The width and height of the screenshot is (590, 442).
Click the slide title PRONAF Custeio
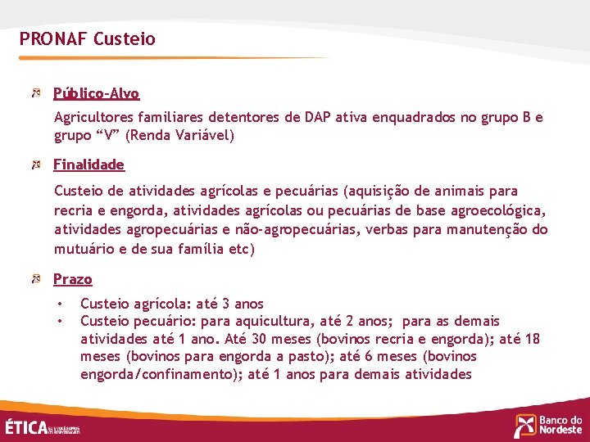click(x=87, y=38)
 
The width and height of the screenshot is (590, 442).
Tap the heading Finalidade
click(x=88, y=165)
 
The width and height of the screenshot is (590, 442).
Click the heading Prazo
click(x=73, y=279)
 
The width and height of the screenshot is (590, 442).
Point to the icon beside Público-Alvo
click(x=36, y=93)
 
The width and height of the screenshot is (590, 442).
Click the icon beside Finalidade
click(x=36, y=165)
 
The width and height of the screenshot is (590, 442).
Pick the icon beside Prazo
click(x=36, y=279)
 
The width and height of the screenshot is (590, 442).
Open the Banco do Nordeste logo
click(x=548, y=425)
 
